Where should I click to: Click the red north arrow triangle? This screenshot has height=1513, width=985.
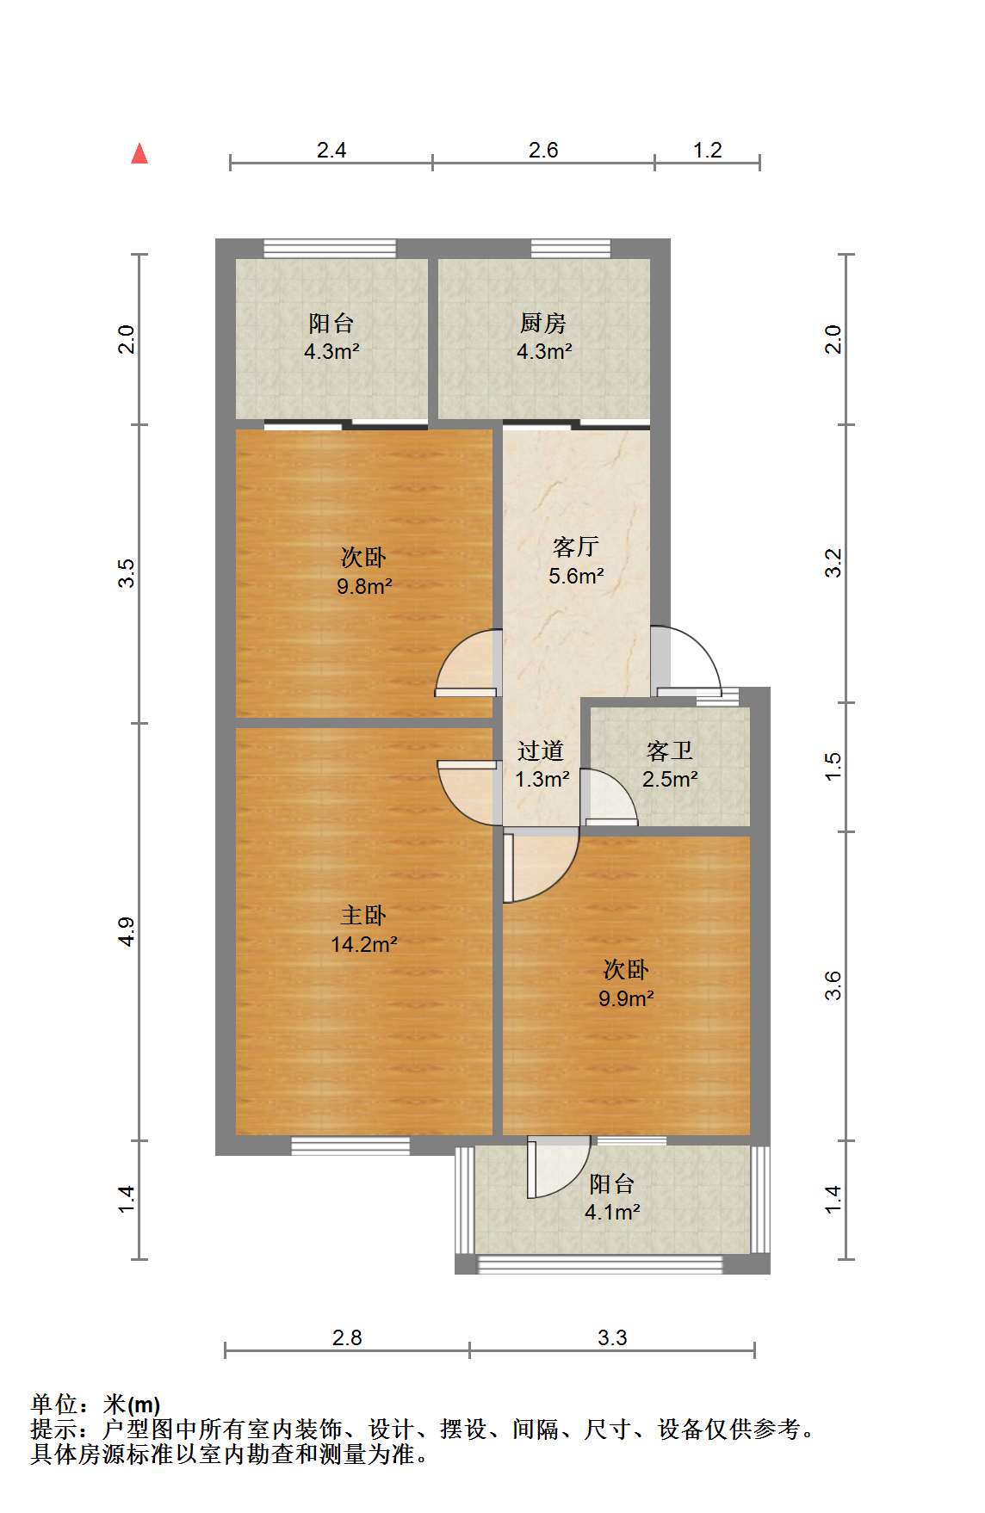(x=139, y=153)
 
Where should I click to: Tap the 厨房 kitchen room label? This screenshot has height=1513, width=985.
(x=543, y=323)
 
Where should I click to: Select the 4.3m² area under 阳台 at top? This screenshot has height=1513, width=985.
(x=331, y=351)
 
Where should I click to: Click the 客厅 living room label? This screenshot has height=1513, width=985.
(x=576, y=547)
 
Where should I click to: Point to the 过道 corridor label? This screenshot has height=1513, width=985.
(x=541, y=750)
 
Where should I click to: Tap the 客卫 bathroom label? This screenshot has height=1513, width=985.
(x=670, y=750)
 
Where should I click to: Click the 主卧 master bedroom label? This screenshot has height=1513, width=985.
(x=363, y=915)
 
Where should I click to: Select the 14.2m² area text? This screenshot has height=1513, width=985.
(x=364, y=944)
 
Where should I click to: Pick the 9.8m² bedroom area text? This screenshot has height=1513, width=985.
(x=364, y=586)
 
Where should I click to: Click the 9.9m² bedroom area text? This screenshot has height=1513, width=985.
(x=626, y=998)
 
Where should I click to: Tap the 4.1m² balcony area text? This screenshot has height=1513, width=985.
(x=612, y=1213)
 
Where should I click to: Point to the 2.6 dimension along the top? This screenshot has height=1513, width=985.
(x=543, y=150)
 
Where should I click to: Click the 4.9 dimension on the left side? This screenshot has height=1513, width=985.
(x=127, y=932)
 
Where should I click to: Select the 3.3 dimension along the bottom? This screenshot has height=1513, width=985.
(x=612, y=1337)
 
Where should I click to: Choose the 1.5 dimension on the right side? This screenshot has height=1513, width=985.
(x=833, y=766)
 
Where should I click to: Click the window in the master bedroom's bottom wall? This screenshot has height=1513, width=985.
(x=350, y=1146)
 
